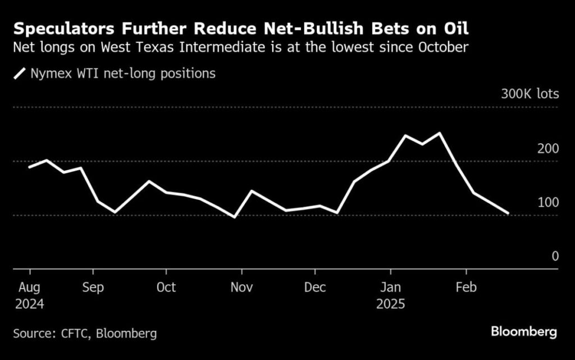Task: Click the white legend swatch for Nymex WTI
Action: coord(20,74)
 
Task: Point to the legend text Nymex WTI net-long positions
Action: coord(122,74)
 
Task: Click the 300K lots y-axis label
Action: coord(530,93)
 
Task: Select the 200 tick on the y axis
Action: coord(548,149)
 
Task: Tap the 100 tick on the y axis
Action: coord(548,202)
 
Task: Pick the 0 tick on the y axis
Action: coord(555,256)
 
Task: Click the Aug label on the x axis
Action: coord(29,287)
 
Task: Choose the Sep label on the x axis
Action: coord(93,287)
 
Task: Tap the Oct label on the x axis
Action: coord(166,287)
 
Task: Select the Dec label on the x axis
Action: coord(315,287)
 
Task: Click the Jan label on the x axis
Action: coord(390,287)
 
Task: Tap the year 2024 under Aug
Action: coord(29,304)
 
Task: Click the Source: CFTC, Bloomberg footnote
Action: coord(85,333)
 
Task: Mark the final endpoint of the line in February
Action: coord(508,213)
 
